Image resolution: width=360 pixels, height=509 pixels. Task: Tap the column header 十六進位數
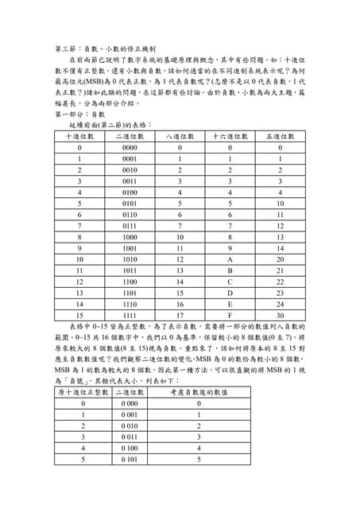(x=230, y=136)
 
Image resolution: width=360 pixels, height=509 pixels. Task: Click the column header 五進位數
(x=280, y=136)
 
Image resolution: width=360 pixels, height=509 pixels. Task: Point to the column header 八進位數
(x=180, y=136)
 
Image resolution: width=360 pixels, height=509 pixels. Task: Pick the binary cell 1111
(x=130, y=314)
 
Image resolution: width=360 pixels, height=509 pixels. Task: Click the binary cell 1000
(x=130, y=236)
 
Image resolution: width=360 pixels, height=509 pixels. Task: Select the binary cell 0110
(x=130, y=214)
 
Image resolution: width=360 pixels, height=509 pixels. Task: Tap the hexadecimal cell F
(x=230, y=314)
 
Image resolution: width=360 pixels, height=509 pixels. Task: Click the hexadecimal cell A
(x=230, y=258)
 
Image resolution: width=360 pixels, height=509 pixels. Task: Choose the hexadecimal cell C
(x=230, y=281)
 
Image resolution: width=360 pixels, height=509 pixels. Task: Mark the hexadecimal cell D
(x=230, y=292)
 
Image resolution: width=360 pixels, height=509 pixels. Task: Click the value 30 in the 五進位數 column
(x=280, y=314)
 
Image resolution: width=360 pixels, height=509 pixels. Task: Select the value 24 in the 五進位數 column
(x=280, y=303)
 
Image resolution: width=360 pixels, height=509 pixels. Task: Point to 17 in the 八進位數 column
(x=180, y=314)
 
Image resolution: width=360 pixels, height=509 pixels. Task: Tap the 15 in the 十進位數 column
(x=79, y=314)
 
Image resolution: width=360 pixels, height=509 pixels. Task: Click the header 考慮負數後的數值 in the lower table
(x=199, y=392)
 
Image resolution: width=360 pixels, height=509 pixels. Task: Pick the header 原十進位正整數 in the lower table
(x=83, y=392)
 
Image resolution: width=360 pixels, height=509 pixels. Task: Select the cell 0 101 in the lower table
(x=130, y=459)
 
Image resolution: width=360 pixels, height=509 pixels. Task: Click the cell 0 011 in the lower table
(x=130, y=437)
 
